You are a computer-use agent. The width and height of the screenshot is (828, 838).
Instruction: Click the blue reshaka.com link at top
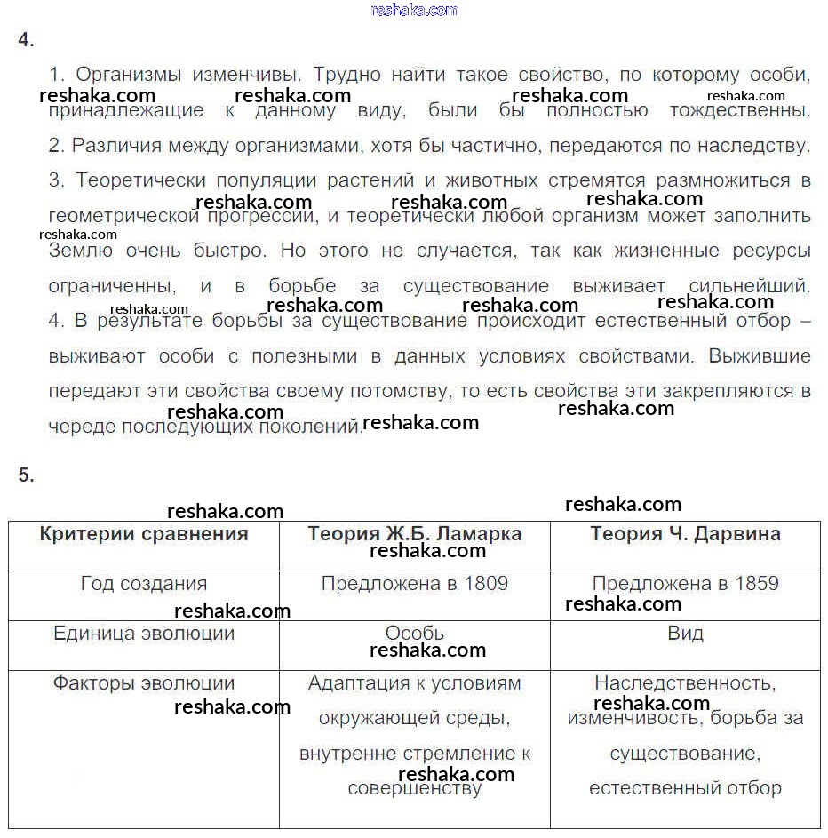(x=414, y=10)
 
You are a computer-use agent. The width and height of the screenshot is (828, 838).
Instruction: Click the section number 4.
(x=26, y=41)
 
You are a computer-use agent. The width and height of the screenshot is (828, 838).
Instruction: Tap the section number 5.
(x=26, y=475)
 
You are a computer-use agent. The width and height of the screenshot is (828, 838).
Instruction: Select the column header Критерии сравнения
(x=144, y=534)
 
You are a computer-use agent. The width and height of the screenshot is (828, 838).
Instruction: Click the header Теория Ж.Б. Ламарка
(x=415, y=534)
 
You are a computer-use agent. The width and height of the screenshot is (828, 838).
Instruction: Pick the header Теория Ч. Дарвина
(x=685, y=534)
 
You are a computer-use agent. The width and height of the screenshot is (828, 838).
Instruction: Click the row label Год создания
(x=144, y=584)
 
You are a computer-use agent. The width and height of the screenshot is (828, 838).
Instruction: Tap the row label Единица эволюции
(x=144, y=634)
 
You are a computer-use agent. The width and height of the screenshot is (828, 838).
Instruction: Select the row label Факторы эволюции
(x=144, y=683)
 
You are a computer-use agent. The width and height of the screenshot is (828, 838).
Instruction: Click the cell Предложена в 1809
(x=415, y=584)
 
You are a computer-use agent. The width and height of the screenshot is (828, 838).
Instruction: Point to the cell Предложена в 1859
(x=685, y=584)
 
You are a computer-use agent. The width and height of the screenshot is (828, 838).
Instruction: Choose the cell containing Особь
(x=415, y=634)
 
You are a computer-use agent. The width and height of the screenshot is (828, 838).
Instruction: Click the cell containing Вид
(x=685, y=634)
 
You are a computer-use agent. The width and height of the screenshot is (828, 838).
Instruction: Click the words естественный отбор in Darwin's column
(x=685, y=788)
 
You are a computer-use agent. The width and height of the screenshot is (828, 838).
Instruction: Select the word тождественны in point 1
(x=739, y=111)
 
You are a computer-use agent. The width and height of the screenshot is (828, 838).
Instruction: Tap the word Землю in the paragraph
(x=81, y=251)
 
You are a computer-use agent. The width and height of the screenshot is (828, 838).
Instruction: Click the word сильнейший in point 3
(x=749, y=287)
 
